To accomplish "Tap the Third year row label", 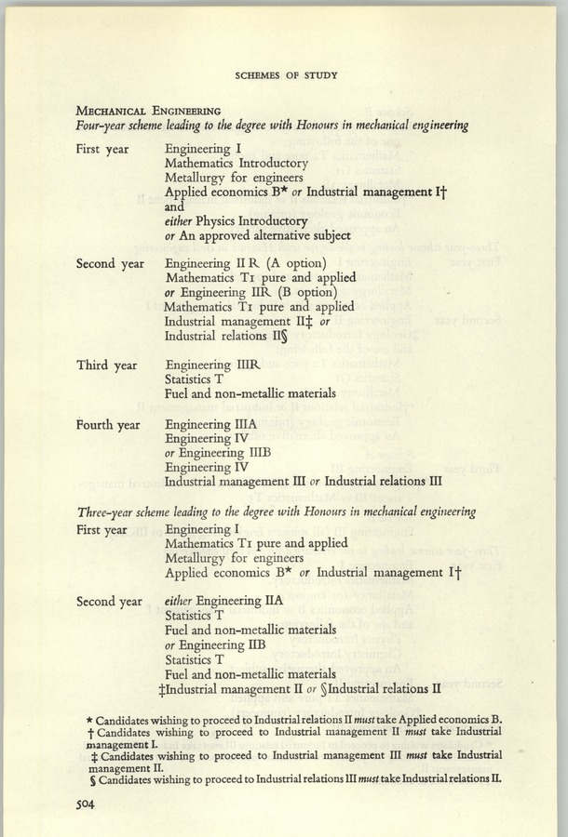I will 108,365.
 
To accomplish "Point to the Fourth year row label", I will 110,426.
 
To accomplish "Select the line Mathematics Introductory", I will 236,163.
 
